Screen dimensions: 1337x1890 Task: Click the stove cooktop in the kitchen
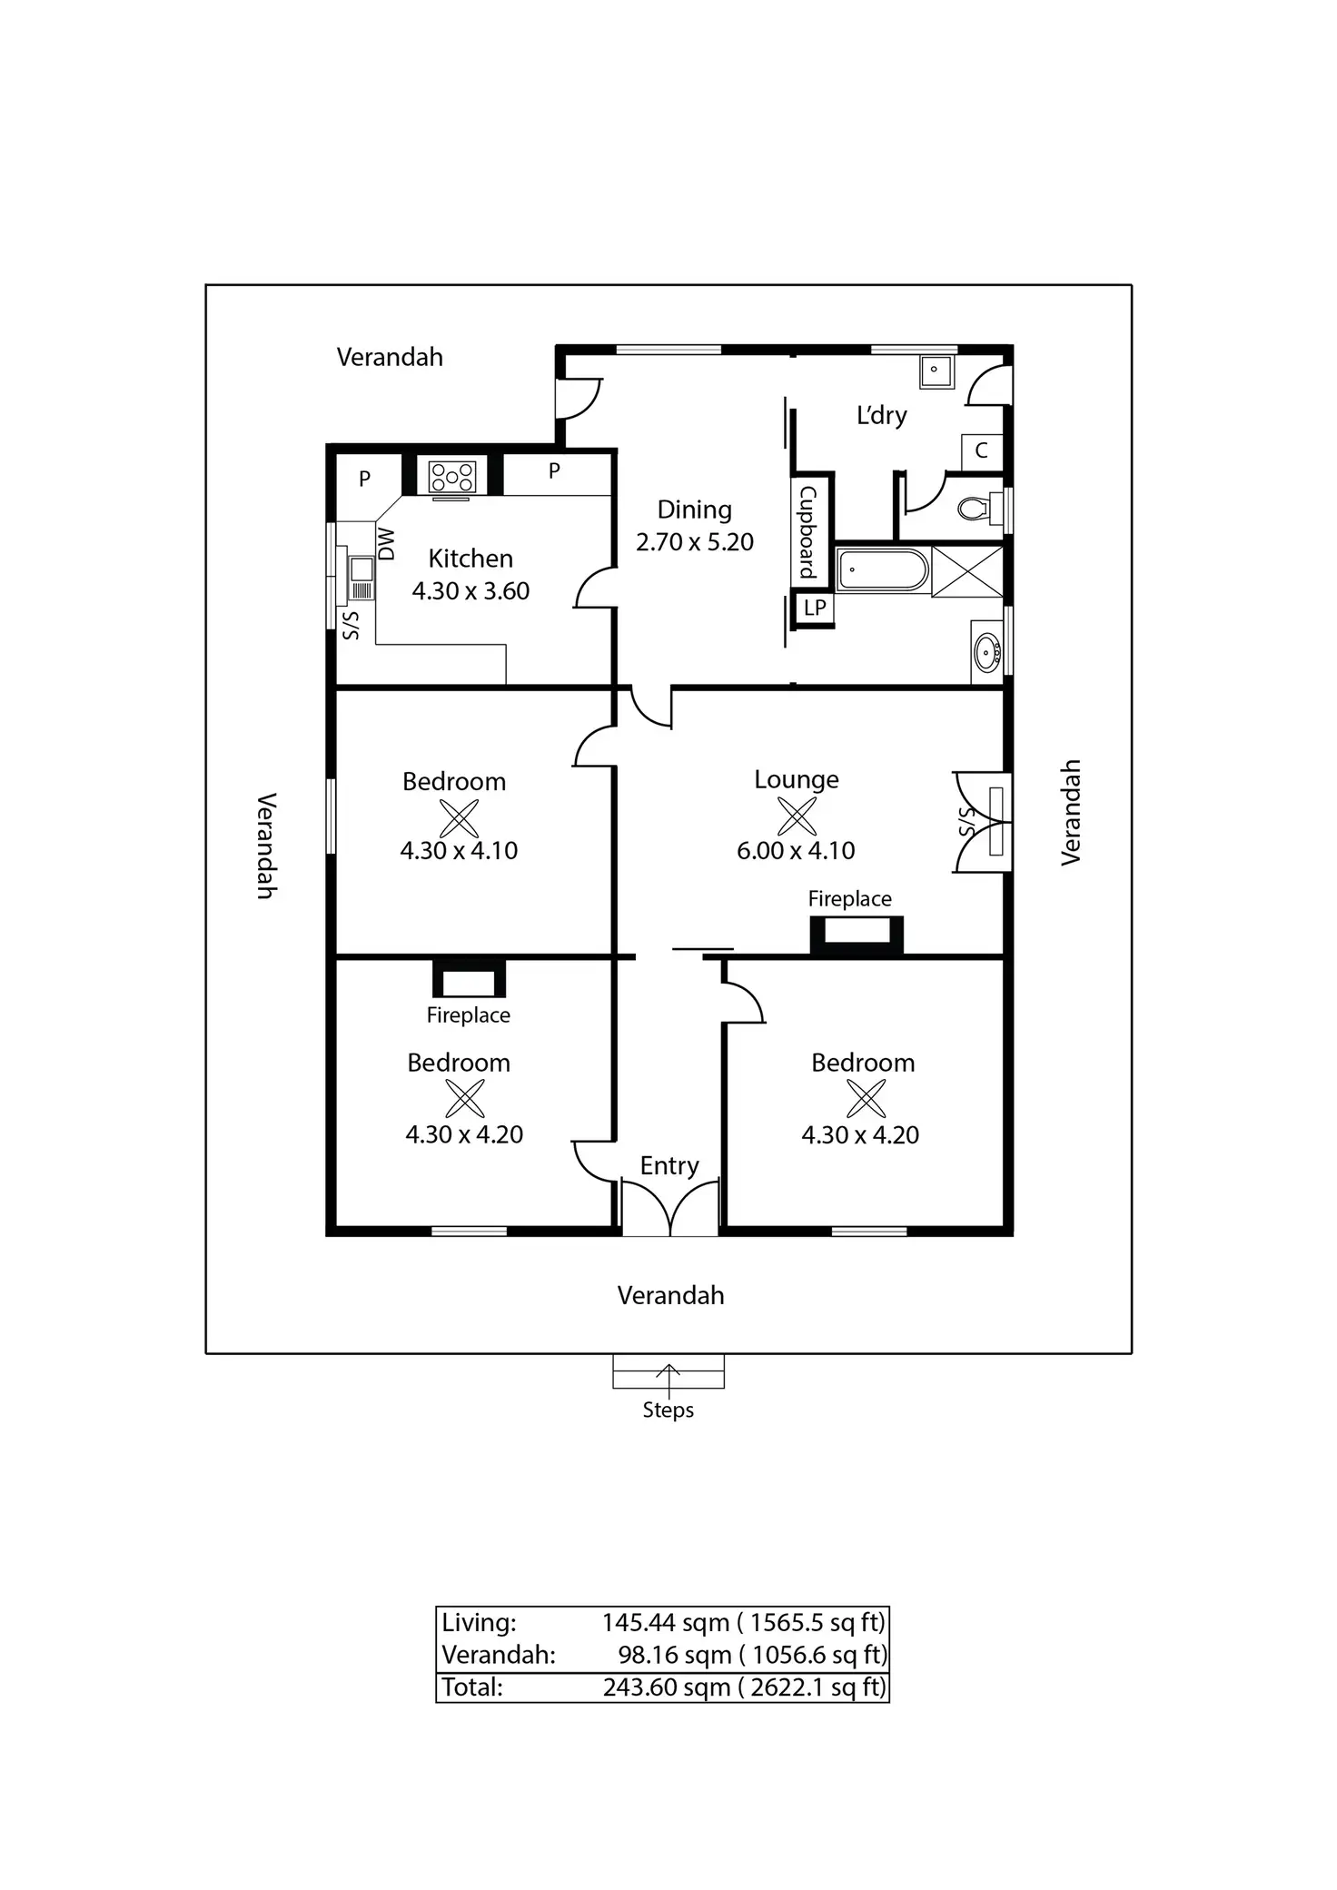(452, 477)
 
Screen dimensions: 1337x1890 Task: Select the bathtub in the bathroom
(882, 569)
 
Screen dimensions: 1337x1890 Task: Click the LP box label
(815, 608)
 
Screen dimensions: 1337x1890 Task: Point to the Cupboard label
(807, 532)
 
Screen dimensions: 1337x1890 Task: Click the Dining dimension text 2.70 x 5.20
(695, 542)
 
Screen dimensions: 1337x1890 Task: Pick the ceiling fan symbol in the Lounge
(797, 816)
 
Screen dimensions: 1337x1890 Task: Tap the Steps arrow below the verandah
(668, 1380)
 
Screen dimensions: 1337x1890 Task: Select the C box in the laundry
(982, 450)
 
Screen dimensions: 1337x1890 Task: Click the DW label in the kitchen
(387, 544)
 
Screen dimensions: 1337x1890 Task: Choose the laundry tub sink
(936, 371)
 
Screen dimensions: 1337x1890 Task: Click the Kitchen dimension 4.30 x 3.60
(470, 591)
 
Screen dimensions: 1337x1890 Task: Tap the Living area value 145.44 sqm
(666, 1623)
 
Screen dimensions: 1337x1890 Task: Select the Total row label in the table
(472, 1687)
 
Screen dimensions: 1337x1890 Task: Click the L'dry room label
(882, 416)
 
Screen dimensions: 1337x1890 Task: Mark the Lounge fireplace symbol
(857, 935)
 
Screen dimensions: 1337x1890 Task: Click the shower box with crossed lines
(967, 571)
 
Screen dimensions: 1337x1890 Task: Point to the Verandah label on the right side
(1072, 812)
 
